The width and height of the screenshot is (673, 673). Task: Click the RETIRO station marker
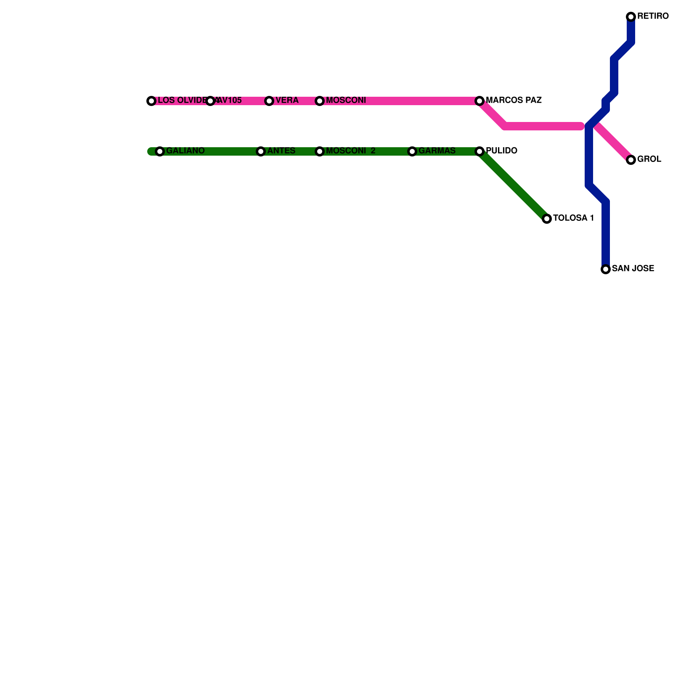631,17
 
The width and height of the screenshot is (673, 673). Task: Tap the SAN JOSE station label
633,269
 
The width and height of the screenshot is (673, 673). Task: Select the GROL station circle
631,160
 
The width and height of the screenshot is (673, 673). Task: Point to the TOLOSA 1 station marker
546,219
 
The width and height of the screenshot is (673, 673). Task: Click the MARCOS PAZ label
513,101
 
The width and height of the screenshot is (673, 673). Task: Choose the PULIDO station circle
480,151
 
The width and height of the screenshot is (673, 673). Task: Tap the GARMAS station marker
412,151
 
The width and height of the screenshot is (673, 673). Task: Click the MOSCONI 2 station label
350,151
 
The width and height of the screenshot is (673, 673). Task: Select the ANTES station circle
261,151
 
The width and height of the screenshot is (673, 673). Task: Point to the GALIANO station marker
160,151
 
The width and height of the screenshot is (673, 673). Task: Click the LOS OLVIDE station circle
151,101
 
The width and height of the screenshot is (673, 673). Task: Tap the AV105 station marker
210,101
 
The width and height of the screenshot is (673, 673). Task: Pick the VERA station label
287,101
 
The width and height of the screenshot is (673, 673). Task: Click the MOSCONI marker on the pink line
320,101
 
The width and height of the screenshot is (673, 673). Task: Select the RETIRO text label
652,16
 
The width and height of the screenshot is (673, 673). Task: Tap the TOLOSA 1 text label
573,218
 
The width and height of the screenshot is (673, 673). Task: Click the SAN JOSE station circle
605,269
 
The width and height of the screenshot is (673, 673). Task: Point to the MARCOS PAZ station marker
480,101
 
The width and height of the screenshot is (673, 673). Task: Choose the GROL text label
649,159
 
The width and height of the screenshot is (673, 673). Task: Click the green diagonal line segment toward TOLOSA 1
513,185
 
